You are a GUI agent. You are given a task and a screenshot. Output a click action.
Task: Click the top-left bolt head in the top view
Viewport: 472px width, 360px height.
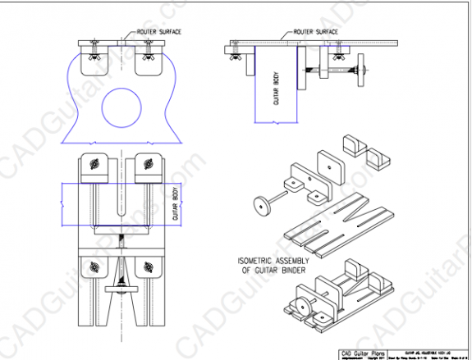(x=95, y=164)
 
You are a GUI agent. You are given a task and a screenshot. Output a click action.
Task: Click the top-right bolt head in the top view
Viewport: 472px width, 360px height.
(x=148, y=164)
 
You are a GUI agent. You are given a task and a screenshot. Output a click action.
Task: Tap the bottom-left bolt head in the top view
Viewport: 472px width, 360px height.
(x=95, y=266)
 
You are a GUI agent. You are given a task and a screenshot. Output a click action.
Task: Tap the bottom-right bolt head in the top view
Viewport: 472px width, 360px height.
(x=148, y=266)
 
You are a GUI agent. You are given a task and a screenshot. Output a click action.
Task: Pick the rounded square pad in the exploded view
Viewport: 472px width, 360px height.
(x=328, y=163)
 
